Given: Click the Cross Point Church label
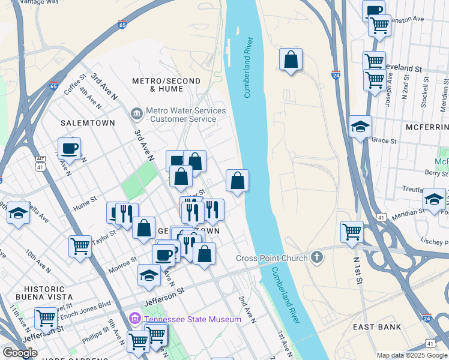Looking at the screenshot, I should click(x=271, y=258).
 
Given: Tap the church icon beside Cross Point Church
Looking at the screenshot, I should click(x=316, y=258).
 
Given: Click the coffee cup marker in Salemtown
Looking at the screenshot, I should click(x=69, y=148).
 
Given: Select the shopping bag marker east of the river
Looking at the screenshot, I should click(x=291, y=59).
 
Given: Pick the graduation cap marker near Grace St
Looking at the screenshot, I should click(x=360, y=127).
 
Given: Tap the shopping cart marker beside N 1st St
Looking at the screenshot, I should click(x=352, y=232).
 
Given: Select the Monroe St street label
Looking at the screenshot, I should click(x=122, y=264).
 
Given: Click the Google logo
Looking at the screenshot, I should click(x=20, y=353).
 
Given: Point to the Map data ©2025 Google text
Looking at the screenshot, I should click(x=411, y=355).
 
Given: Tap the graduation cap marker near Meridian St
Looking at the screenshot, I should click(x=434, y=200).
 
